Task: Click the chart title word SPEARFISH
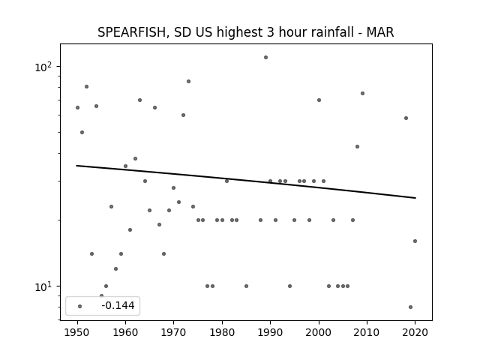pyautogui.click(x=132, y=32)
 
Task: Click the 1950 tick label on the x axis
pyautogui.click(x=77, y=332)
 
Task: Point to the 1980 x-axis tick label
pyautogui.click(x=222, y=332)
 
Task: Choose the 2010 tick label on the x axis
pyautogui.click(x=367, y=332)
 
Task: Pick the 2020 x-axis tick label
pyautogui.click(x=415, y=332)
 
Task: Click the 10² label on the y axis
pyautogui.click(x=43, y=67)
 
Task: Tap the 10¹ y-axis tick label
pyautogui.click(x=43, y=286)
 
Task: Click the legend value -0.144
pyautogui.click(x=118, y=305)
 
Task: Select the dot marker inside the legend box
pyautogui.click(x=80, y=306)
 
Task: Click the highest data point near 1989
pyautogui.click(x=265, y=57)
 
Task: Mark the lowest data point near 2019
pyautogui.click(x=410, y=307)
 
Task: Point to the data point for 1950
pyautogui.click(x=77, y=107)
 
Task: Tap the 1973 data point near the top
pyautogui.click(x=188, y=81)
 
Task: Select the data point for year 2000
pyautogui.click(x=319, y=100)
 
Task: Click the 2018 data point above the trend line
pyautogui.click(x=406, y=118)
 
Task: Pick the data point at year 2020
pyautogui.click(x=415, y=241)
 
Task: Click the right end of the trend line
pyautogui.click(x=415, y=198)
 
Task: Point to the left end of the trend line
pyautogui.click(x=76, y=166)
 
